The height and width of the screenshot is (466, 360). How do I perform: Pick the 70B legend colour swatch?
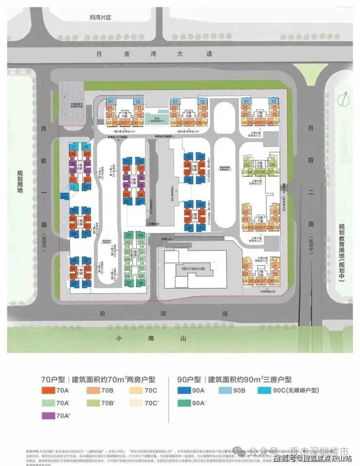[x=92, y=390]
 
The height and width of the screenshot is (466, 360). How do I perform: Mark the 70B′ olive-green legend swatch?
[x=92, y=403]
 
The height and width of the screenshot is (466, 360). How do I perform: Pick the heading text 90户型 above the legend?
[x=190, y=379]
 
